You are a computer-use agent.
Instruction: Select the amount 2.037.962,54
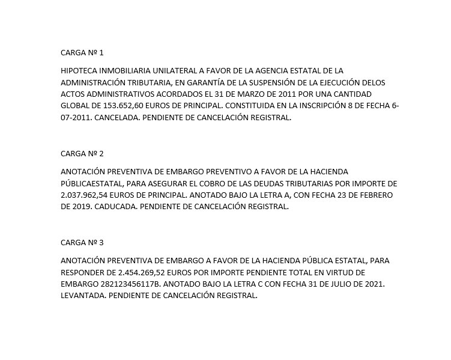(x=85, y=195)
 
